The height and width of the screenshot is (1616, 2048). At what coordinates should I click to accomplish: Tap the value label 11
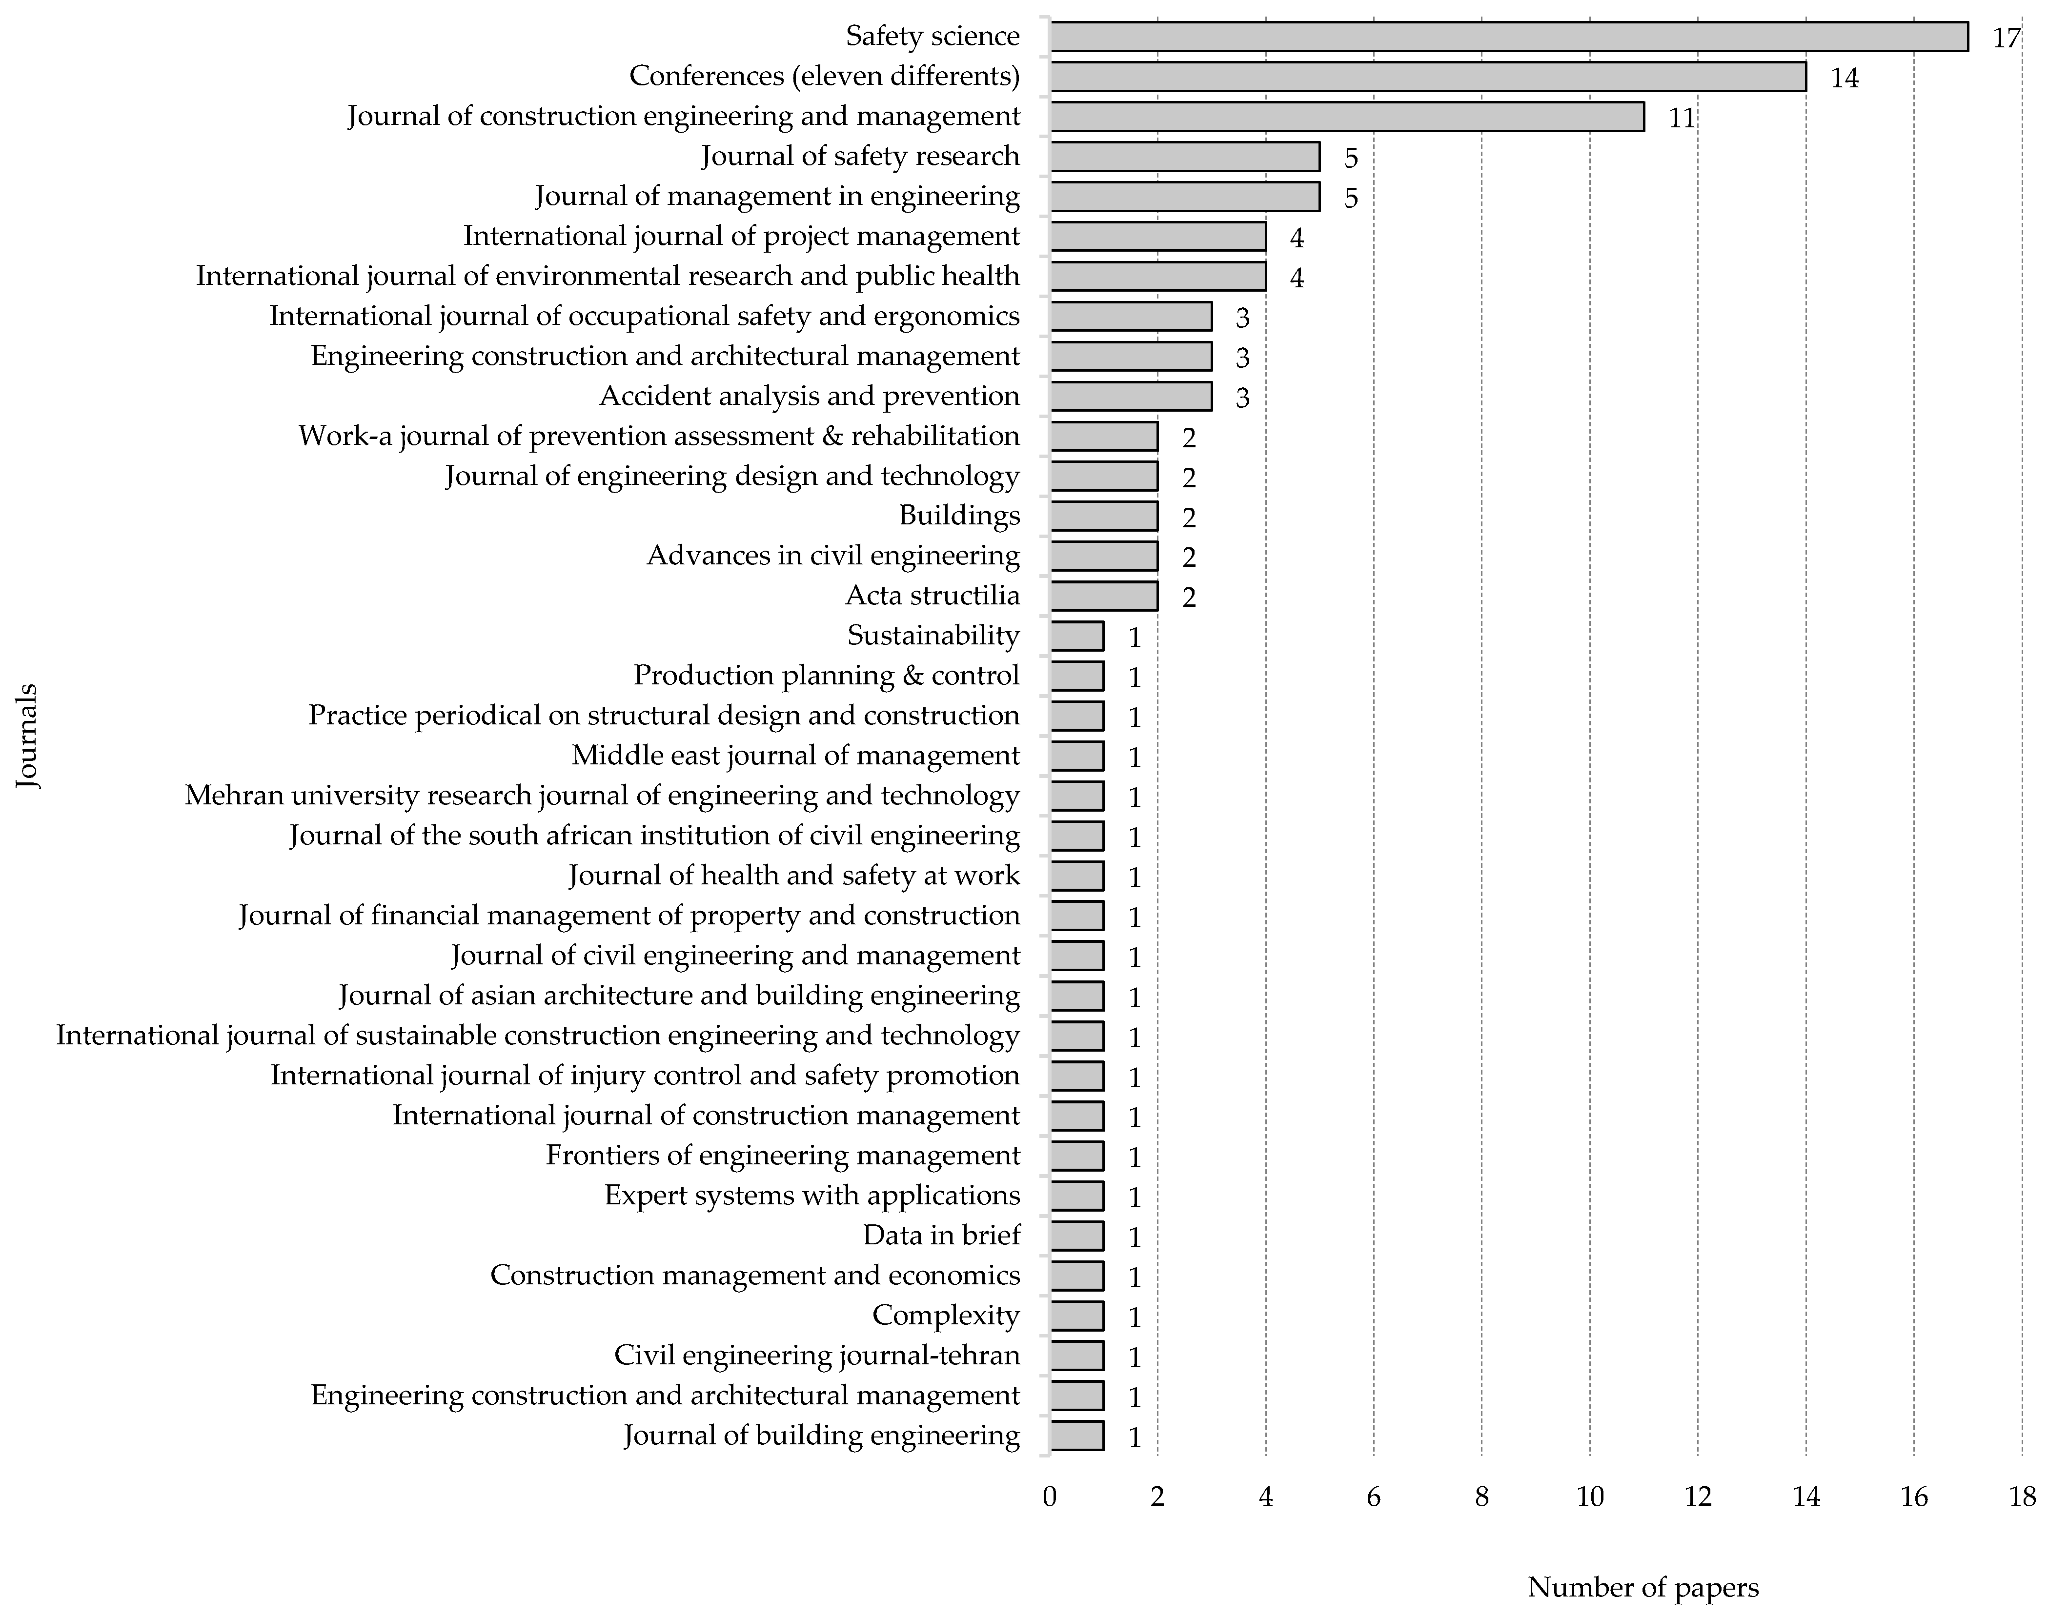point(1681,118)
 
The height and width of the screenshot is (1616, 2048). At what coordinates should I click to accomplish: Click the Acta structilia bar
point(1103,596)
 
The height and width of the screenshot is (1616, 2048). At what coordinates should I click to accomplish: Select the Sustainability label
point(933,636)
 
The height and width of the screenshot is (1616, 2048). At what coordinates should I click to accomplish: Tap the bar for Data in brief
point(1077,1236)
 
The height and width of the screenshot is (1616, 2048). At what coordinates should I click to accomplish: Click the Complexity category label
point(946,1315)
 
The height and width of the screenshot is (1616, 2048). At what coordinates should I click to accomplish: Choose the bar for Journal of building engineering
point(1077,1436)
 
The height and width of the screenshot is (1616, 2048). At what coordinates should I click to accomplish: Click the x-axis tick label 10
point(1590,1497)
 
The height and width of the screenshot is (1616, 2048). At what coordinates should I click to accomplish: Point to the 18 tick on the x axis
point(2023,1497)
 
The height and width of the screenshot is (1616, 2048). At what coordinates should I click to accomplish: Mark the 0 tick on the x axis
point(1050,1497)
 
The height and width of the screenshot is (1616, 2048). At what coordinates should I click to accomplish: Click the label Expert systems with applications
point(812,1196)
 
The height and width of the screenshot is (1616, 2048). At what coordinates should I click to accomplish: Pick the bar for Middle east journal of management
point(1077,756)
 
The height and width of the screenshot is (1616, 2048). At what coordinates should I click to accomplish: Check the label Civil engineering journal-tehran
point(817,1356)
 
